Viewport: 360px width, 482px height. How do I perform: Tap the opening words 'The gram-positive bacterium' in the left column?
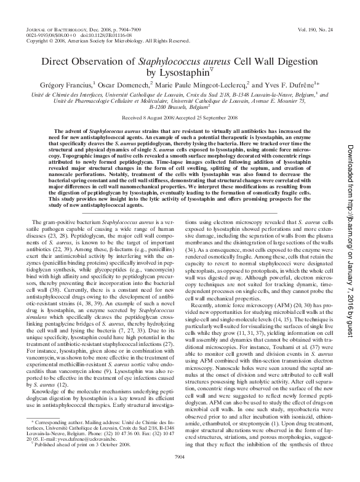69,219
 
